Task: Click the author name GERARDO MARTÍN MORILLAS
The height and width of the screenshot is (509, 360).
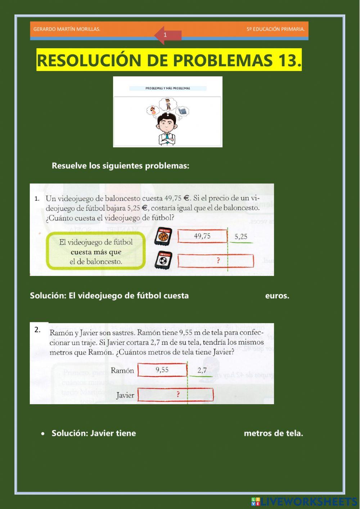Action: click(67, 29)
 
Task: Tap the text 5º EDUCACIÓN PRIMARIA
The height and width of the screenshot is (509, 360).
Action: click(275, 29)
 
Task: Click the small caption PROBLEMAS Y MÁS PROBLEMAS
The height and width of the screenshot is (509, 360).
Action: click(168, 88)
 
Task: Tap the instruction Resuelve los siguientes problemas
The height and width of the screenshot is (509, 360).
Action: click(120, 166)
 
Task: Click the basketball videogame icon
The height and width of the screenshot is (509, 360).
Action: click(163, 237)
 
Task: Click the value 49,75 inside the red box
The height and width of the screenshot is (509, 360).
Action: click(202, 236)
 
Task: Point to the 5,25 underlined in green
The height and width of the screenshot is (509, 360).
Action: click(241, 237)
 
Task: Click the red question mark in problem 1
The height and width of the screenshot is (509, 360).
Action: click(218, 260)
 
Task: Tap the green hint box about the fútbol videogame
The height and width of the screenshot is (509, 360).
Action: click(96, 252)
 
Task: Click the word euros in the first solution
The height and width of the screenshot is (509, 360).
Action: click(277, 296)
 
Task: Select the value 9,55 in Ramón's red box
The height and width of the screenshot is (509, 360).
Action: click(162, 370)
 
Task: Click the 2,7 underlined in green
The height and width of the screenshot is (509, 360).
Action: click(202, 370)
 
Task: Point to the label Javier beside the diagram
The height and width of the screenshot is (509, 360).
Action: click(125, 395)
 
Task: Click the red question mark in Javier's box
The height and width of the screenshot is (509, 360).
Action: click(178, 394)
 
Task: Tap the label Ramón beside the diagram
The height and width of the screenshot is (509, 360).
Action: click(122, 370)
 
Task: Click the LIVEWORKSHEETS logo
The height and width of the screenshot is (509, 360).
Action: click(304, 501)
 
